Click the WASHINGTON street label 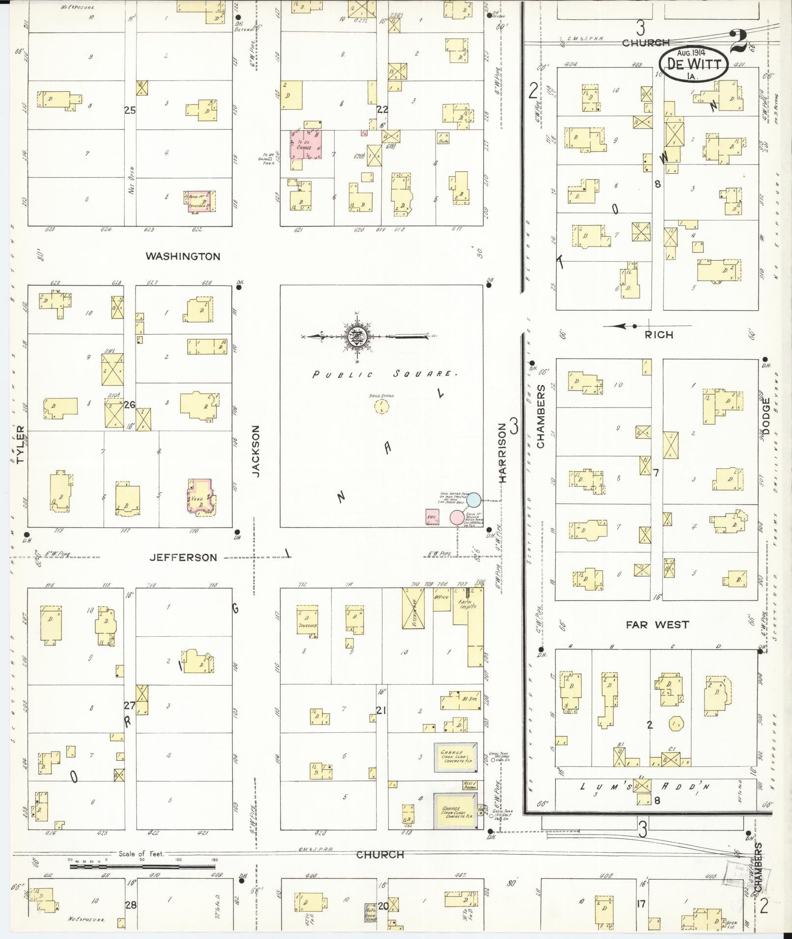tap(183, 256)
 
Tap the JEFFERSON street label tap(183, 557)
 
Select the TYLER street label tap(20, 445)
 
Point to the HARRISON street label tap(502, 454)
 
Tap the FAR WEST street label tap(657, 625)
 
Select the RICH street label tap(659, 335)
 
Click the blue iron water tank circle tap(473, 500)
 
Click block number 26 tap(130, 405)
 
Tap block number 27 tap(129, 706)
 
